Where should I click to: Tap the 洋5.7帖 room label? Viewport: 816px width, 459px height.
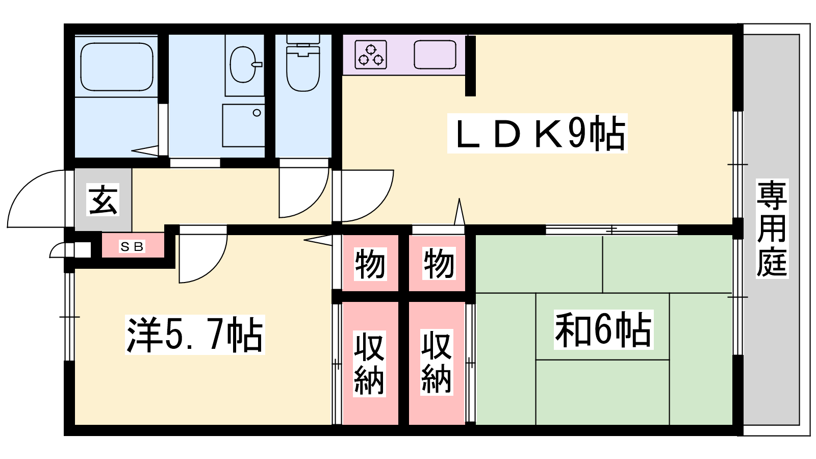[195, 335]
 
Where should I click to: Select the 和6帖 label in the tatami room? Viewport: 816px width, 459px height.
[603, 329]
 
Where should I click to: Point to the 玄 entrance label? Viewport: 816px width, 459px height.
[103, 199]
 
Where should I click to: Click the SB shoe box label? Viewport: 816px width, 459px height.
[132, 247]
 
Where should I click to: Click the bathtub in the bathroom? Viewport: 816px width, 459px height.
[117, 67]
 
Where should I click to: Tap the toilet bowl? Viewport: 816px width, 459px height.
[303, 64]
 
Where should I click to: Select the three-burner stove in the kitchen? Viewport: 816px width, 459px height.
[370, 55]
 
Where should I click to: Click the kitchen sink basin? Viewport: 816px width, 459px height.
[435, 55]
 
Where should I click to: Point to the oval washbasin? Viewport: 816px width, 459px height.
[243, 64]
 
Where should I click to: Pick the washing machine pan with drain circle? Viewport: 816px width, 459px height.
[243, 125]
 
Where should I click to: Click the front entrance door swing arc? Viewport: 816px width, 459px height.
[36, 198]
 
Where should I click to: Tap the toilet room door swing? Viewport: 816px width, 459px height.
[304, 193]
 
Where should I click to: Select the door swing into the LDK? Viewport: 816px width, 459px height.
[367, 196]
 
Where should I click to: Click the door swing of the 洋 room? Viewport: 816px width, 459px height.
[203, 259]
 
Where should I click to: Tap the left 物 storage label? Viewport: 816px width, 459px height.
[370, 263]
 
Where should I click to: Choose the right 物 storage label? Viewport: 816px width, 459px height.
[439, 263]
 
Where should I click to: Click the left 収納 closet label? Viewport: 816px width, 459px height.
[369, 364]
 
